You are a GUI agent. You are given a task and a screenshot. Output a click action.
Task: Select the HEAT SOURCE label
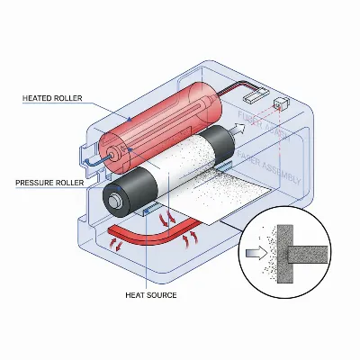click(x=150, y=294)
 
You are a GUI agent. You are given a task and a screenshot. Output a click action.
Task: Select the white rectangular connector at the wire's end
click(x=261, y=90)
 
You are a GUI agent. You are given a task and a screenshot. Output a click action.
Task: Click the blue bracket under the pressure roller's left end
click(x=148, y=211)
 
